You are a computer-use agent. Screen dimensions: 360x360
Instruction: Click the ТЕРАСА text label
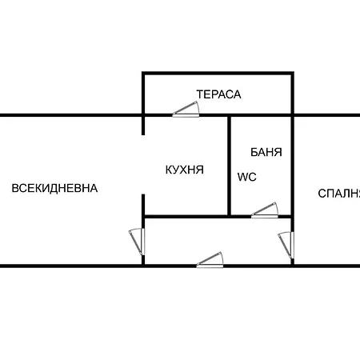point(218,94)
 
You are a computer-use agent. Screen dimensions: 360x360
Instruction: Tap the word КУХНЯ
point(184,170)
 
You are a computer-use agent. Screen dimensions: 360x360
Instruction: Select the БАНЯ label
point(266,151)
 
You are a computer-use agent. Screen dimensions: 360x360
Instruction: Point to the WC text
point(246,177)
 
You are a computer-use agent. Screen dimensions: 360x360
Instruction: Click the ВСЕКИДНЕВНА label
point(54,189)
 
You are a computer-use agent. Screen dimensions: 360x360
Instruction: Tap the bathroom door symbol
point(264,210)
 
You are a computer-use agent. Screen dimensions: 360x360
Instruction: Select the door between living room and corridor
point(137,240)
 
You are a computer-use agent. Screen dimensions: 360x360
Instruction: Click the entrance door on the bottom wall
point(210,260)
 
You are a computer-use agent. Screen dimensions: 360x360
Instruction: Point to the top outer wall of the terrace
point(218,74)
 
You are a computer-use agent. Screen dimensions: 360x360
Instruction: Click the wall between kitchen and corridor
point(186,216)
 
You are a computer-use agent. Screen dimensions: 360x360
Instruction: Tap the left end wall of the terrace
point(144,94)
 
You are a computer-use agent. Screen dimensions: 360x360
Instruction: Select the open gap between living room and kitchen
point(144,164)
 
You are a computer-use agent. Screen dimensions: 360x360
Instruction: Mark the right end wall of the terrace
point(292,94)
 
